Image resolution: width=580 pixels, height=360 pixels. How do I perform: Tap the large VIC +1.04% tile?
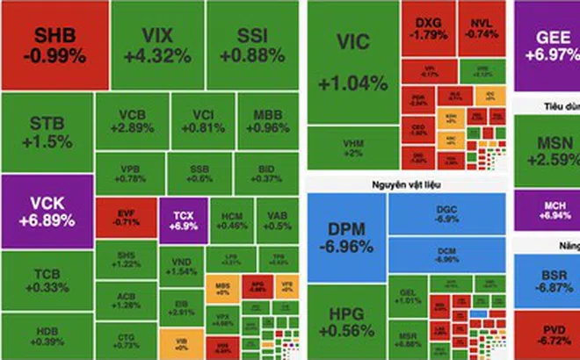pyautogui.click(x=352, y=66)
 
